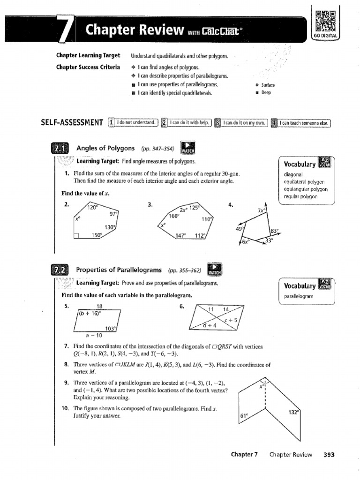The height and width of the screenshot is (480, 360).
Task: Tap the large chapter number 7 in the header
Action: [64, 31]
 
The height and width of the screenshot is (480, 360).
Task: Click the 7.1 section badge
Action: [60, 150]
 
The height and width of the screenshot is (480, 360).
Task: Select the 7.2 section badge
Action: [60, 271]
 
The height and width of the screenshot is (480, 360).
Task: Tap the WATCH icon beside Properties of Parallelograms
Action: [214, 270]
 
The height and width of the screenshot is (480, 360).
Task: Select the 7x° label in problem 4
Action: [261, 210]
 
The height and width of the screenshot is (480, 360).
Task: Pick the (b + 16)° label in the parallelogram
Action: [90, 314]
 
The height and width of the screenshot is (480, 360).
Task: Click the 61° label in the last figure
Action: [244, 415]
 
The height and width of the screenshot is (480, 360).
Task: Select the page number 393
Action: [329, 454]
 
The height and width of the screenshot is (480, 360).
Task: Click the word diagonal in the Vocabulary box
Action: [294, 174]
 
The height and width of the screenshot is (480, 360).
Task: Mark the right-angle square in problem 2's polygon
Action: [77, 236]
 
